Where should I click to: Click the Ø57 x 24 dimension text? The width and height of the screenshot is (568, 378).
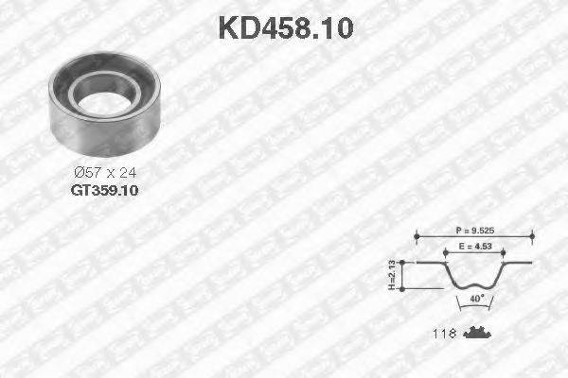click(x=104, y=172)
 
